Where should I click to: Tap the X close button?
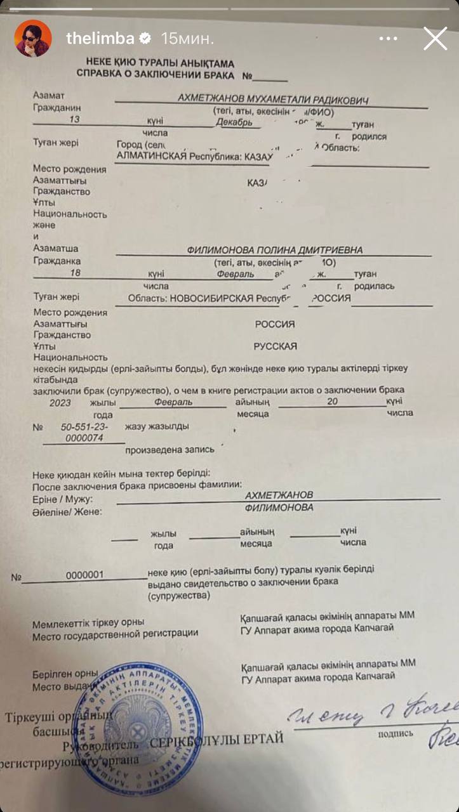(435, 39)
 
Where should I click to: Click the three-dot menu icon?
(389, 39)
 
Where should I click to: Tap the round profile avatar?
(34, 38)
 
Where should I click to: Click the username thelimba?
(100, 39)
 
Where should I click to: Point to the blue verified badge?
(145, 39)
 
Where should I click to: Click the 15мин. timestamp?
(187, 39)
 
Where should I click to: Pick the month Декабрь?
(234, 122)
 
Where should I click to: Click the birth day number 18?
(76, 273)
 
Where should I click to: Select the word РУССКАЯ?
(275, 347)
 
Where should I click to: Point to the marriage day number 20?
(332, 402)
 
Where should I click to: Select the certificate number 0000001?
(84, 575)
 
